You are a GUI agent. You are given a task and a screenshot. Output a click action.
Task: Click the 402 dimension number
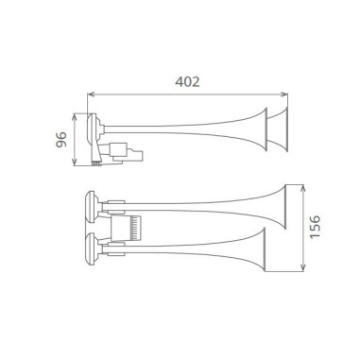coord(188,81)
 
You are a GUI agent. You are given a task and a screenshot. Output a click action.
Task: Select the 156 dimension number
coord(315,227)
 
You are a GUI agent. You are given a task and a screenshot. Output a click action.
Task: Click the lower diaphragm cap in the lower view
coord(90,251)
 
